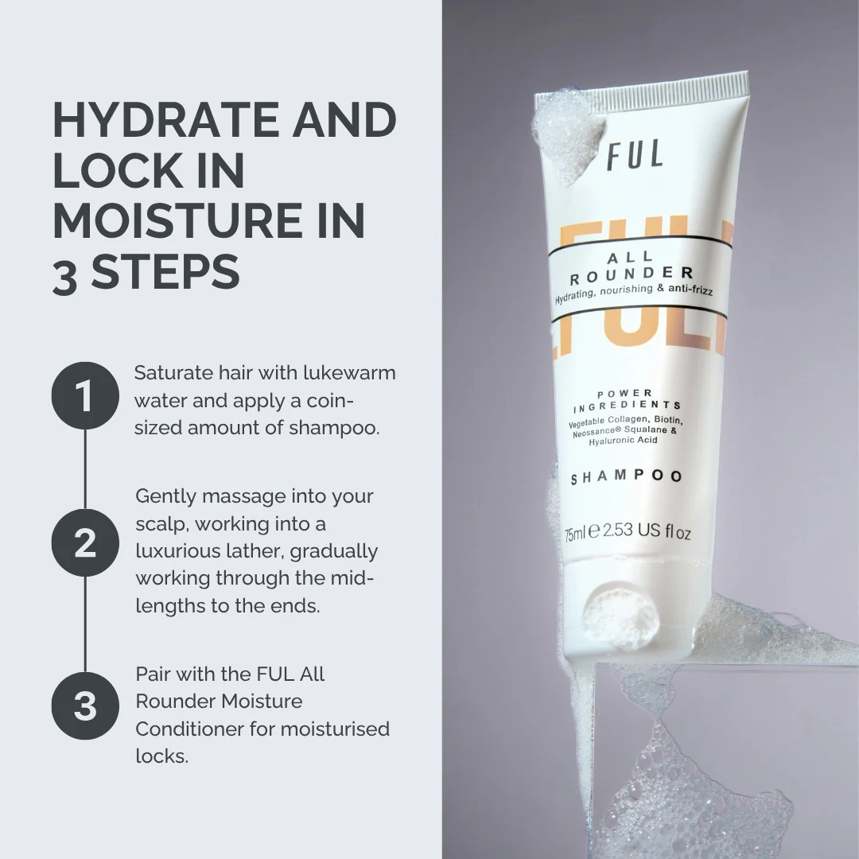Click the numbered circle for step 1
point(85,396)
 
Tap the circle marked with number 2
point(85,542)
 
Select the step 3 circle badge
point(85,705)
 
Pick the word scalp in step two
point(161,524)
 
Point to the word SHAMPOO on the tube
point(627,477)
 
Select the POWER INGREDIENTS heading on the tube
point(628,400)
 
